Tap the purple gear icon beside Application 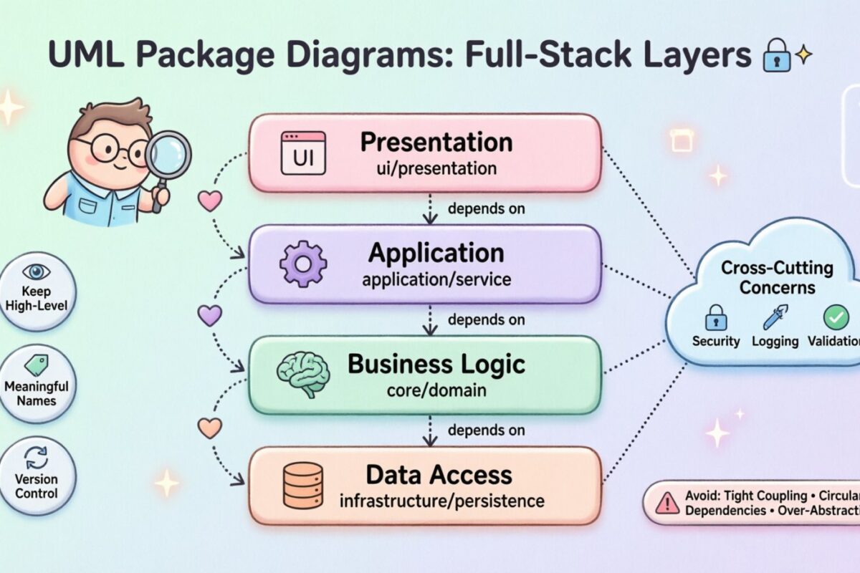(302, 264)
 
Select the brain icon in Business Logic (302, 374)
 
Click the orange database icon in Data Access (302, 485)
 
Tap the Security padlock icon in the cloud (715, 316)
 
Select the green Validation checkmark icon (836, 316)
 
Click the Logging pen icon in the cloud (775, 316)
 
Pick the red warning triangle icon (666, 502)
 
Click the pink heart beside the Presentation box (209, 201)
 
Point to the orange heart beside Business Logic (209, 428)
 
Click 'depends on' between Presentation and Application (486, 209)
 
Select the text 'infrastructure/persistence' (441, 499)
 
